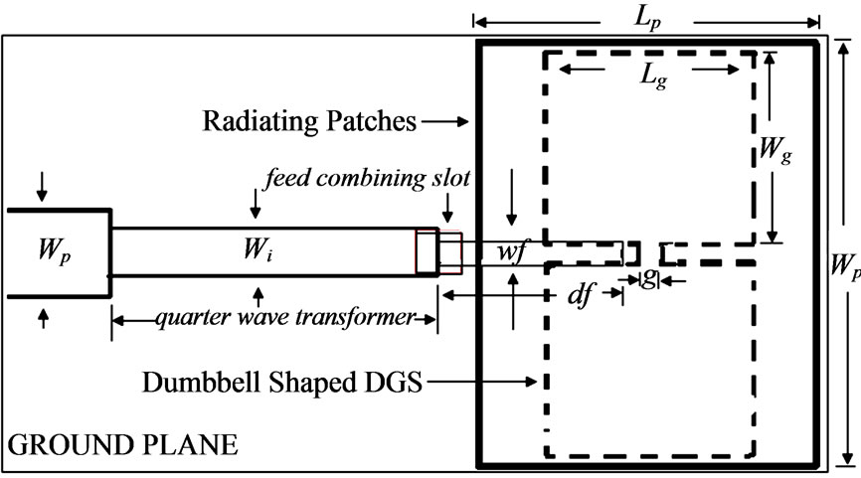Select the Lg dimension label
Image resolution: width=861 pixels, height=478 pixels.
click(x=653, y=78)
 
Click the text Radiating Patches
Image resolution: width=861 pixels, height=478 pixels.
click(x=309, y=122)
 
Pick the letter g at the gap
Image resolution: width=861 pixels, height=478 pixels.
click(x=647, y=281)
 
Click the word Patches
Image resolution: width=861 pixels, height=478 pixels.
click(x=375, y=122)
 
